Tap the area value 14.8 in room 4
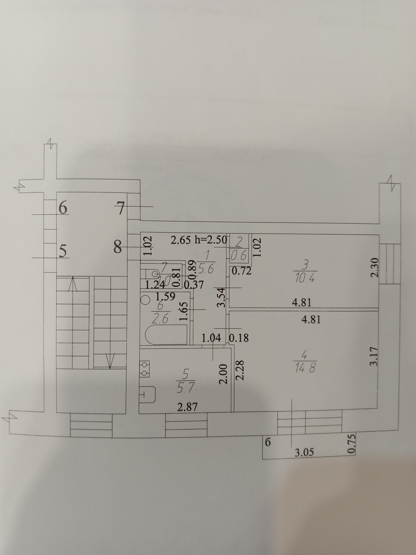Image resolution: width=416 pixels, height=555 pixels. (305, 369)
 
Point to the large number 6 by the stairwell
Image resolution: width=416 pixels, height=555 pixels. (63, 208)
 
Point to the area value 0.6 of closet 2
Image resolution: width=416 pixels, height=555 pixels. (238, 256)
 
